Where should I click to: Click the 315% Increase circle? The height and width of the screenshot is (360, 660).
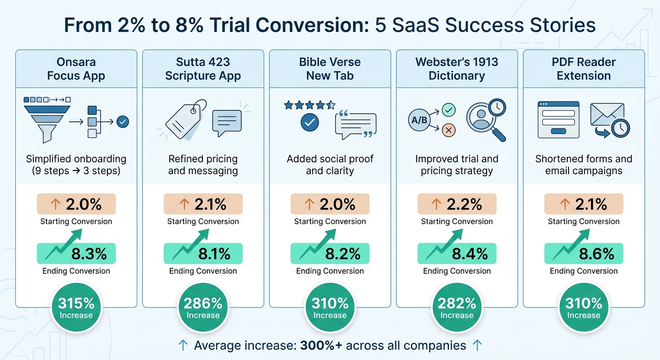tap(76, 308)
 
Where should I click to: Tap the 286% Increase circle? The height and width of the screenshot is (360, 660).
tap(203, 308)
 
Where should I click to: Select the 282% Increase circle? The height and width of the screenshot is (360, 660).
tap(457, 308)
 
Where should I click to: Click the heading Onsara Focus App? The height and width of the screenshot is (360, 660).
tap(76, 69)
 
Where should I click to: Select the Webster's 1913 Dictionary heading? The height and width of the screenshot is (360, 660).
tap(457, 69)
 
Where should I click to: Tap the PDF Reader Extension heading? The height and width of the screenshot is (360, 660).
tap(584, 69)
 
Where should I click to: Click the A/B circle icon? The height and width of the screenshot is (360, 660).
tap(419, 120)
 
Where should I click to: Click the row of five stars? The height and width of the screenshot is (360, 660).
tap(309, 105)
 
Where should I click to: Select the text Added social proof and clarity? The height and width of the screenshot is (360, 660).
tap(330, 165)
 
